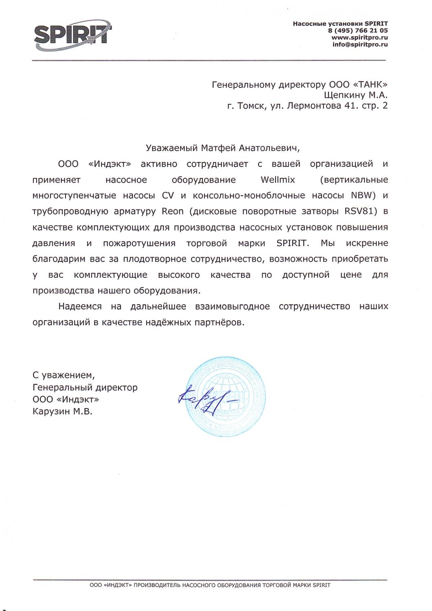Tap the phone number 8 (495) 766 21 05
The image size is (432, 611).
[x=357, y=30]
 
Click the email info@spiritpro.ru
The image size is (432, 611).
[x=360, y=44]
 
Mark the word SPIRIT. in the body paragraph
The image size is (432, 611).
[x=293, y=243]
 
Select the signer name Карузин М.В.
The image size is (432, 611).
[x=63, y=412]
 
